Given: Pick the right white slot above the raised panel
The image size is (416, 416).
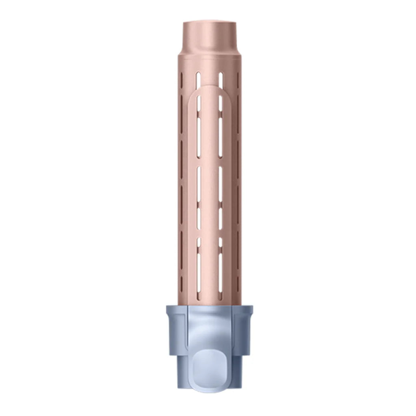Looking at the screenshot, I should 221,80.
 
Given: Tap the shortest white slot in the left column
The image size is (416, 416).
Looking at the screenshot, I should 199,242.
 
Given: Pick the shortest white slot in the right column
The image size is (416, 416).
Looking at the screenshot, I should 221,242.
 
